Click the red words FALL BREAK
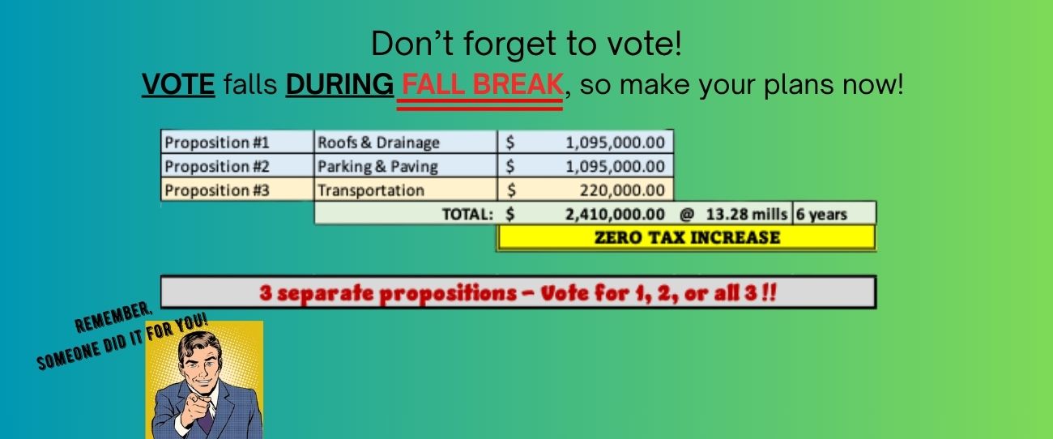tap(482, 84)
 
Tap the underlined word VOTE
tap(179, 84)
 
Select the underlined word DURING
tap(339, 84)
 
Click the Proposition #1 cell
tap(237, 142)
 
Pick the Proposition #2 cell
tap(237, 166)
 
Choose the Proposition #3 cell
tap(237, 190)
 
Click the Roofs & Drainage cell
tap(406, 142)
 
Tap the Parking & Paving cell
tap(406, 166)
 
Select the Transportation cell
tap(406, 190)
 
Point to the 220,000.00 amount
tap(622, 190)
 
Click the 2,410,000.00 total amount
tap(615, 215)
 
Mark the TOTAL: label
tap(467, 215)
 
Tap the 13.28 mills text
tap(747, 215)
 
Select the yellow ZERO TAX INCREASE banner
tap(687, 237)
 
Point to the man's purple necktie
tap(206, 420)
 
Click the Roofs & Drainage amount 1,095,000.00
tap(615, 143)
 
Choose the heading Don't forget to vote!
tap(526, 43)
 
